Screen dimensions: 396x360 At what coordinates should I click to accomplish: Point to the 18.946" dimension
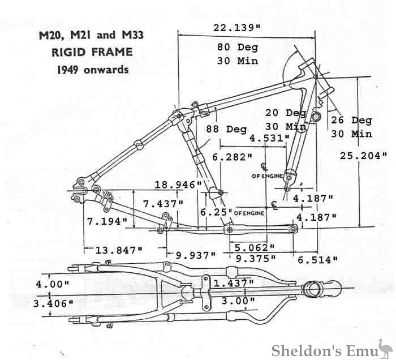point(178,185)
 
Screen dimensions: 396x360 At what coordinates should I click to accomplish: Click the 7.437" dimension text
point(162,203)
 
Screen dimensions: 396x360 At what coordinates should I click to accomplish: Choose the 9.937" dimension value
point(196,255)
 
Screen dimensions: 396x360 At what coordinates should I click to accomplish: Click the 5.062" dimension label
point(254,247)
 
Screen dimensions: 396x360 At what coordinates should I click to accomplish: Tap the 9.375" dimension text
point(256,258)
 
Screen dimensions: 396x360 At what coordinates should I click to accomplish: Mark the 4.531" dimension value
point(269,138)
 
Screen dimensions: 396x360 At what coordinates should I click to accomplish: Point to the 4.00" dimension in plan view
point(52,284)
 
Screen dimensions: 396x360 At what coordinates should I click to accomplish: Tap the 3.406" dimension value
point(54,303)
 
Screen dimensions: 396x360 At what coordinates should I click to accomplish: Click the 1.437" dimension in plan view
point(233,282)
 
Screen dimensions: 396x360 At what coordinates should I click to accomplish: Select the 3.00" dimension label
point(234,301)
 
